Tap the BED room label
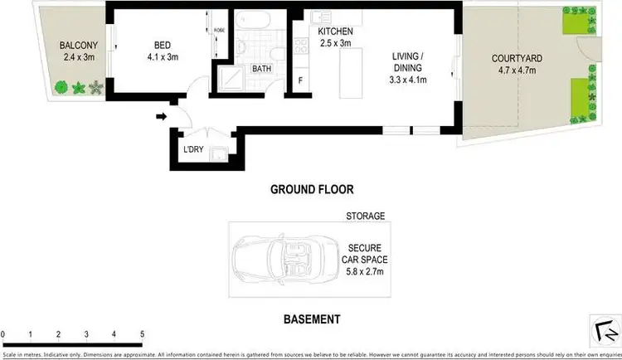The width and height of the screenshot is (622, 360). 162,46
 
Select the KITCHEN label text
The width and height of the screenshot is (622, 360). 335,32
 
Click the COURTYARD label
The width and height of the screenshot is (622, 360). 517,59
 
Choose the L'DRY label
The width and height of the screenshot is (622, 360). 192,150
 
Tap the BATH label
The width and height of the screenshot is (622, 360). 262,69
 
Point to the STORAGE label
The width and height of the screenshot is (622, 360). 366,216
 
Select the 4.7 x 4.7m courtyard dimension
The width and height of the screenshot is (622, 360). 517,72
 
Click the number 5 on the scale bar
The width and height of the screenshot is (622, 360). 142,334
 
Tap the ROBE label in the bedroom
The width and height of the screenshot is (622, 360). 219,30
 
